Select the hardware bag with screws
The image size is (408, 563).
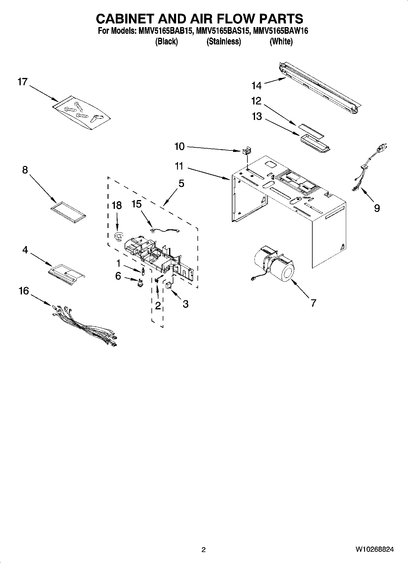pyautogui.click(x=81, y=113)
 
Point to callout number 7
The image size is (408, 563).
pyautogui.click(x=313, y=303)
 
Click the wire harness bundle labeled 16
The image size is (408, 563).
pyautogui.click(x=84, y=324)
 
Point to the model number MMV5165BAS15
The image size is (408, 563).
pyautogui.click(x=224, y=31)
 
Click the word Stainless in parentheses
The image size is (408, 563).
pyautogui.click(x=224, y=41)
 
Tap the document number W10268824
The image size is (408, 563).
pyautogui.click(x=374, y=550)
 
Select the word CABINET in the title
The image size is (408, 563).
pyautogui.click(x=125, y=19)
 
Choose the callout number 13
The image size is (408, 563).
pyautogui.click(x=257, y=116)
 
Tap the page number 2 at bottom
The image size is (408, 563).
pyautogui.click(x=204, y=550)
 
